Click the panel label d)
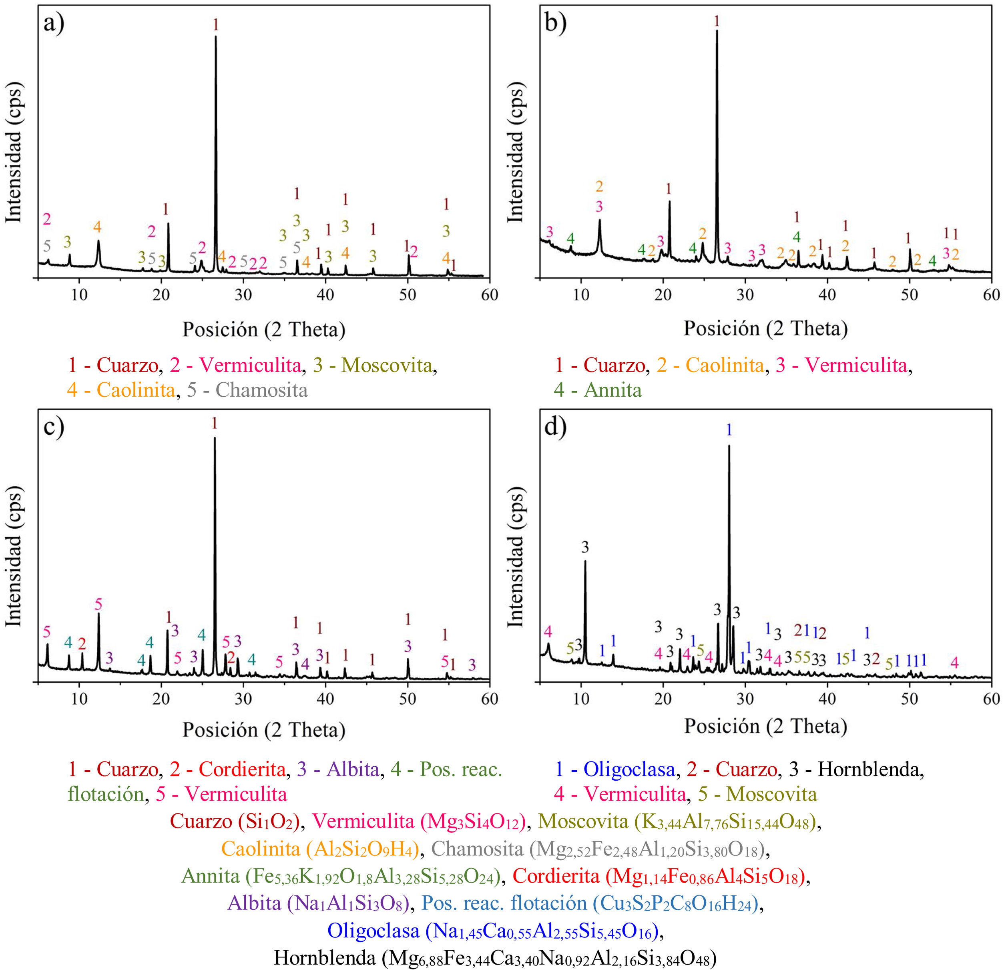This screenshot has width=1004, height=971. [x=555, y=426]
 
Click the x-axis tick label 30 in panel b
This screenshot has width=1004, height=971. [x=745, y=296]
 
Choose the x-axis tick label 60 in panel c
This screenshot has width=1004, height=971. [x=490, y=699]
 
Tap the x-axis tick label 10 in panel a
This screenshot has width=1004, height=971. [x=79, y=296]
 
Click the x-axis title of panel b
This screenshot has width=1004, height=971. [x=765, y=329]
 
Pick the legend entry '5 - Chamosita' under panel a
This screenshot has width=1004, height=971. [x=247, y=390]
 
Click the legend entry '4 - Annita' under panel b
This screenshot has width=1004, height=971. [x=597, y=390]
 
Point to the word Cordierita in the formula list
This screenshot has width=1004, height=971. [x=556, y=876]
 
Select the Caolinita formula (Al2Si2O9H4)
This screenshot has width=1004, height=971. [x=363, y=849]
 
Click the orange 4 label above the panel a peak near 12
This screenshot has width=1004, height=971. [x=97, y=226]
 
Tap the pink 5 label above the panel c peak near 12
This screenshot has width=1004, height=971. [x=98, y=605]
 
